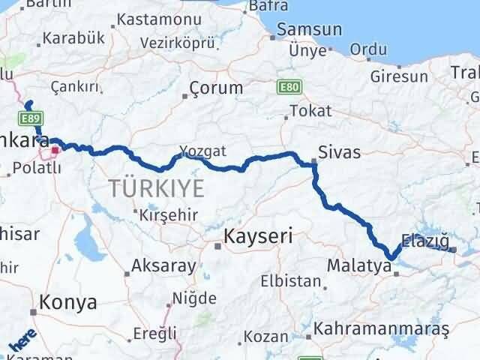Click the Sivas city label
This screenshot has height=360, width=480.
coord(339,153)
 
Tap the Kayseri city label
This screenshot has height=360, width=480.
coord(257,238)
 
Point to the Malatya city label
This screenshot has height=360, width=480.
coord(359,265)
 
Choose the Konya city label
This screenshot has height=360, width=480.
coord(68,302)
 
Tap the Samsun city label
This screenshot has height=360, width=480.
coord(309,31)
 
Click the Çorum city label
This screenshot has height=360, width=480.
coord(216,88)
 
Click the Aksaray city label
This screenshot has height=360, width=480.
coord(163,265)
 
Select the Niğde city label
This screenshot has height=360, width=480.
coord(194,298)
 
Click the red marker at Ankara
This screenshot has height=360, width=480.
coord(55,151)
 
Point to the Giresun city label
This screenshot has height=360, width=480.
coord(400,76)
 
